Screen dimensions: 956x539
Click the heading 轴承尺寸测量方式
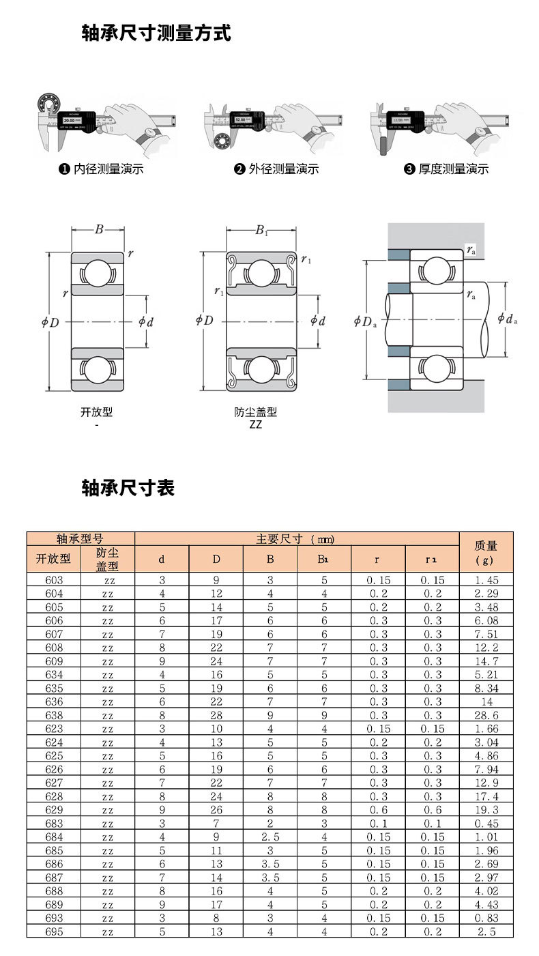click(156, 33)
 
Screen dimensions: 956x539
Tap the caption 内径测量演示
click(102, 169)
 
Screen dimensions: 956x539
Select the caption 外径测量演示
click(277, 169)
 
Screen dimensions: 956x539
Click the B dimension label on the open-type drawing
click(99, 230)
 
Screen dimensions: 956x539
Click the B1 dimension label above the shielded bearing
click(261, 231)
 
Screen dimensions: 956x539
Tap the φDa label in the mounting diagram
click(365, 321)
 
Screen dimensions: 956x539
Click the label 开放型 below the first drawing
click(96, 412)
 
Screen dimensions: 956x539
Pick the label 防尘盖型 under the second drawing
click(256, 412)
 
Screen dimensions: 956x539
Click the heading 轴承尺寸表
click(128, 488)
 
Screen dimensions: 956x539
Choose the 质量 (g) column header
click(486, 552)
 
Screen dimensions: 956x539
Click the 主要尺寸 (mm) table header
click(295, 538)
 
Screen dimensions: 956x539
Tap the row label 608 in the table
click(54, 648)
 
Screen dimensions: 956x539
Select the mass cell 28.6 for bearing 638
click(486, 715)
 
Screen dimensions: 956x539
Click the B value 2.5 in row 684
click(270, 837)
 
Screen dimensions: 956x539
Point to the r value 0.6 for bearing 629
click(378, 810)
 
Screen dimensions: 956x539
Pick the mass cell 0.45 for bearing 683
click(486, 824)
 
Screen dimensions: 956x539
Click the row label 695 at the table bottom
click(54, 931)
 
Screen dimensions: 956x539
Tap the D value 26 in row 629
click(216, 810)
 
